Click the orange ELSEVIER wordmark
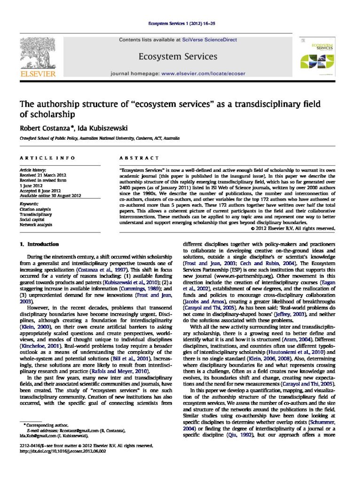coord(38,74)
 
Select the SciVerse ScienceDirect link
coord(209,40)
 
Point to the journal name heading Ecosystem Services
coord(178,56)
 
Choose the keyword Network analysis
coord(36,225)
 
